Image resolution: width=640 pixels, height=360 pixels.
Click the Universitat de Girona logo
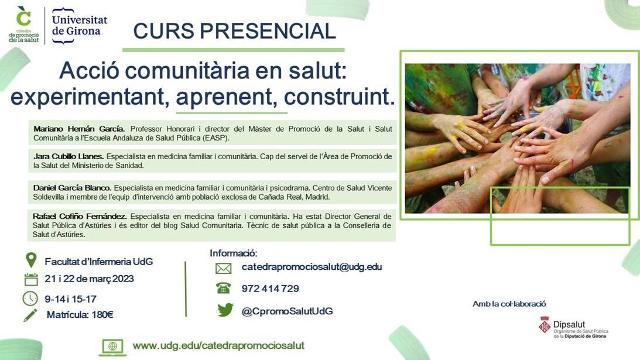tap(80, 25)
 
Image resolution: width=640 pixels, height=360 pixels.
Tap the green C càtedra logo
tap(23, 25)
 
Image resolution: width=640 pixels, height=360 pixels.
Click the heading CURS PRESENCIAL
tap(235, 31)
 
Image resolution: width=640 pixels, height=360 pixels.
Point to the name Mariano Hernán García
tap(79, 129)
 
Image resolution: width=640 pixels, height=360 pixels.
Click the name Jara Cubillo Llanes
tap(69, 156)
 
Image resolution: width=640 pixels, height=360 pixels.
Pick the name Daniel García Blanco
tap(72, 188)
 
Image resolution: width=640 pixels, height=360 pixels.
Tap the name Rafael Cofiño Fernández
tap(80, 217)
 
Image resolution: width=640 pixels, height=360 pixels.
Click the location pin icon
tap(31, 260)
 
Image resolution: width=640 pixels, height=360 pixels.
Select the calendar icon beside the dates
tap(31, 279)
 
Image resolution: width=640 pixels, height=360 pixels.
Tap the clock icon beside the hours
tap(30, 299)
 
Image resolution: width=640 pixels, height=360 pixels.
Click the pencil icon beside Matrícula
tap(30, 315)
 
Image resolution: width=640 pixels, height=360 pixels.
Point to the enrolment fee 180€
tap(102, 315)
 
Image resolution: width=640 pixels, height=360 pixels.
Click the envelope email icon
tap(223, 268)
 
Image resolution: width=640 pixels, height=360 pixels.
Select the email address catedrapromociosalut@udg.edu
tap(312, 267)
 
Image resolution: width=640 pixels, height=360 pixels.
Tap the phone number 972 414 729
tap(270, 289)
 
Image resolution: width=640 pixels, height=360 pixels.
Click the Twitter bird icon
tap(225, 310)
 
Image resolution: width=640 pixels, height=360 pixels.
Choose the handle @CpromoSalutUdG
tap(288, 311)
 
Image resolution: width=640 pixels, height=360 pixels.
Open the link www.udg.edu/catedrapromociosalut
tap(218, 345)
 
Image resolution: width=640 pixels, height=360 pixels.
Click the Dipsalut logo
tap(573, 327)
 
